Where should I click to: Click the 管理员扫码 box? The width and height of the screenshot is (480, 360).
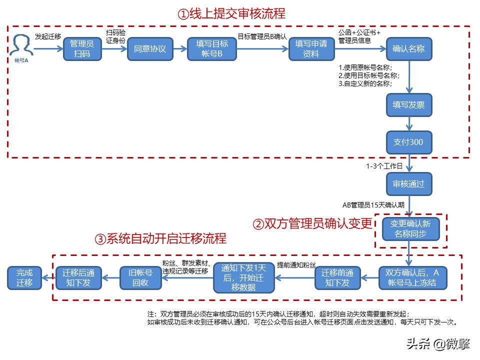[x=82, y=49]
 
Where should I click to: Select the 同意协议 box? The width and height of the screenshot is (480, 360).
[x=150, y=49]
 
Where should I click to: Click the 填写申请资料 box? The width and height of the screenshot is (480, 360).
[x=311, y=49]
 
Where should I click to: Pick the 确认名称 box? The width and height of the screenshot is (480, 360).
[x=409, y=49]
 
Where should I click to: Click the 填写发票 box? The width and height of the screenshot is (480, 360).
[x=409, y=105]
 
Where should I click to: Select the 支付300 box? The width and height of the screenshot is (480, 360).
[x=409, y=142]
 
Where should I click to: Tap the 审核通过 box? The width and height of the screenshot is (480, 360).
[x=409, y=184]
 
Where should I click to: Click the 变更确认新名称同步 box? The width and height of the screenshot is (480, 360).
[x=410, y=229]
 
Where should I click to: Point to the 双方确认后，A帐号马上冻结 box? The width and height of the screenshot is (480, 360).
[x=412, y=277]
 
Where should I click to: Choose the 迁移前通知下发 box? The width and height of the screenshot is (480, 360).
[x=337, y=277]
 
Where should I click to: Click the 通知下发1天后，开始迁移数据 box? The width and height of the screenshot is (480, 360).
[x=244, y=277]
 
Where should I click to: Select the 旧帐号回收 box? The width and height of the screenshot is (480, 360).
[x=141, y=277]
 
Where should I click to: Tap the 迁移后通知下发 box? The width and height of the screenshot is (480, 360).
[x=78, y=277]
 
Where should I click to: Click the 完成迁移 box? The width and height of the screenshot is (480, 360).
[x=24, y=277]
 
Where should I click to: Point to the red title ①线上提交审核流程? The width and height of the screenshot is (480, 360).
[x=231, y=13]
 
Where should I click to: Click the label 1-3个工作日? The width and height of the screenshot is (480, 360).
[x=384, y=166]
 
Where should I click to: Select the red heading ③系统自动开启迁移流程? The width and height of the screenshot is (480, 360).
[x=160, y=238]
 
